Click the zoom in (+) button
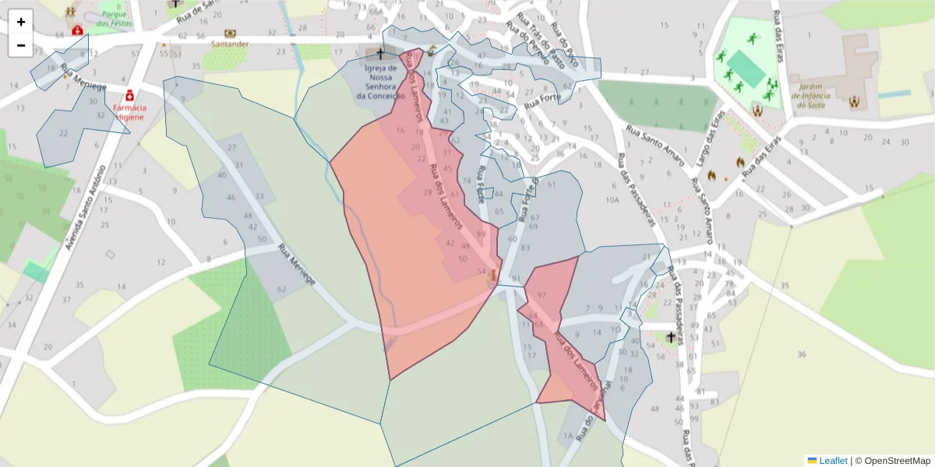21,22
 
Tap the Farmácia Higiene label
130,111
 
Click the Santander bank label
230,44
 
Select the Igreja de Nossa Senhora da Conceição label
380,82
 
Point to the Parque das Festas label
114,19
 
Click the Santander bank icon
230,33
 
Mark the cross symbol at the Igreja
380,54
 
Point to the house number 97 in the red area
542,296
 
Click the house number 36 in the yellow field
802,355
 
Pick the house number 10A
612,200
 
